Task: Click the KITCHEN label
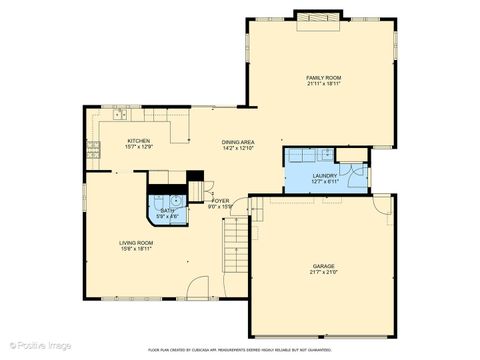pos(138,141)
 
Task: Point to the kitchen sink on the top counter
pos(122,114)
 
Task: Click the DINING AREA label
pos(238,142)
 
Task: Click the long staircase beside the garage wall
pos(235,246)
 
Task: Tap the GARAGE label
pos(323,266)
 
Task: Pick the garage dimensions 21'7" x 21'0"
pos(323,273)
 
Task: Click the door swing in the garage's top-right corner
pos(381,206)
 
